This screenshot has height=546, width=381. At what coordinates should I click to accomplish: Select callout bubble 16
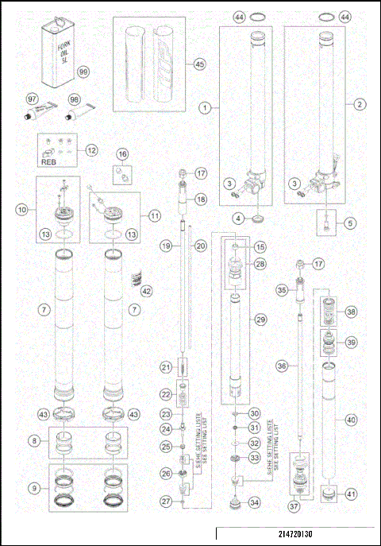pos(122,153)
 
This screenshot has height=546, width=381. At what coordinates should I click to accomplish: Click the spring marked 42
pos(134,278)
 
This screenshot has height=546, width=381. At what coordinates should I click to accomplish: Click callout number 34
pos(254,502)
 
